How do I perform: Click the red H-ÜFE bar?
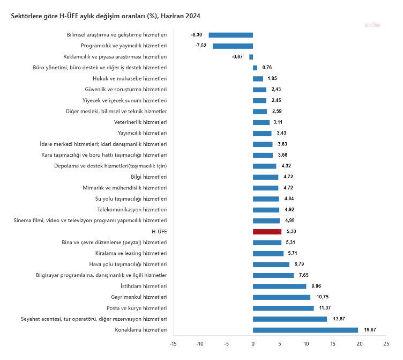point(267,232)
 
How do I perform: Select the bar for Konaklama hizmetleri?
point(305,330)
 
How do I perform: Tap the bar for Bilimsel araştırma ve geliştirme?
point(230,35)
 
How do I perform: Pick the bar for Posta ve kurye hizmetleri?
point(283,308)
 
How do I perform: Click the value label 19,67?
point(370,330)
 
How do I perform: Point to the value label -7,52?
point(202,46)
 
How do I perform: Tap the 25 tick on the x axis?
point(385,344)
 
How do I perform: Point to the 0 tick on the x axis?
point(253,344)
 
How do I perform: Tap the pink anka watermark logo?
point(372,25)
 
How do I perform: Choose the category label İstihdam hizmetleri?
point(141,286)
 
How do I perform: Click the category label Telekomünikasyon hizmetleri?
point(132,210)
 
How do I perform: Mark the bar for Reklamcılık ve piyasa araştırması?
point(251,57)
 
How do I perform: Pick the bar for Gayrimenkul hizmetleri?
point(281,297)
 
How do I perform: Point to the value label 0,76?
point(267,68)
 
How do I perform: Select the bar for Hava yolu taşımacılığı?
point(271,265)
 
